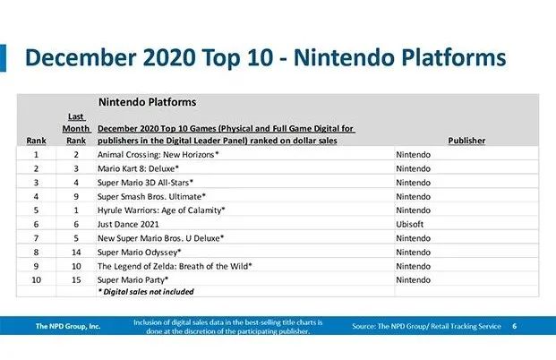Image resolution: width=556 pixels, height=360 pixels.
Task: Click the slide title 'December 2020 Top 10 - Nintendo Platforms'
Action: tap(265, 57)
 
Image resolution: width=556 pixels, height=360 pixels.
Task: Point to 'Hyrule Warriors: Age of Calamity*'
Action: tap(161, 210)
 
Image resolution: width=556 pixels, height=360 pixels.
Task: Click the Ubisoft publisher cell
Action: tap(411, 223)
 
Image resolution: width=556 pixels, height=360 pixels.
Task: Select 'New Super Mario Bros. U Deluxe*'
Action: tap(160, 237)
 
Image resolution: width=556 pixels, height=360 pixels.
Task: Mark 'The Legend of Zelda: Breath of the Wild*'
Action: tap(175, 265)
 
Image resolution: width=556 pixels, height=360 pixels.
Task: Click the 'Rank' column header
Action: tap(36, 141)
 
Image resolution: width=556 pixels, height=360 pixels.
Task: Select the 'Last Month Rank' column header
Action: tap(76, 128)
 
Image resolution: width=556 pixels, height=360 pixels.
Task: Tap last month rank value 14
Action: tap(76, 252)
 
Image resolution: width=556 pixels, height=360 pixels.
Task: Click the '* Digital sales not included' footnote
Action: tap(145, 291)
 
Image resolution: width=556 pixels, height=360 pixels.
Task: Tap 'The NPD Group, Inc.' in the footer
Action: tap(68, 326)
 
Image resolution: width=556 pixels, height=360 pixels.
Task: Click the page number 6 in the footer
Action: tap(514, 326)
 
